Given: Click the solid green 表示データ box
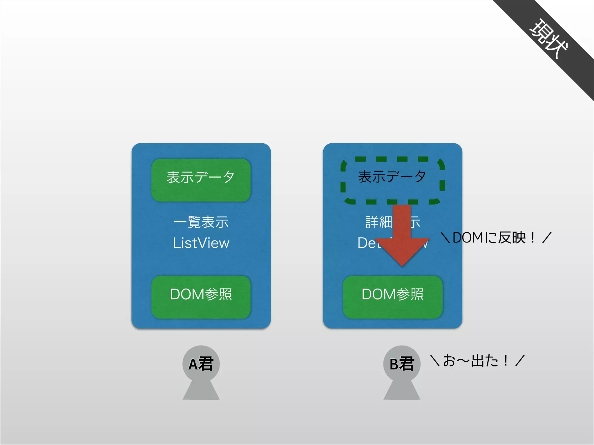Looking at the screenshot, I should [201, 180].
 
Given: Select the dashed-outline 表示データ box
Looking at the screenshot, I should [392, 180].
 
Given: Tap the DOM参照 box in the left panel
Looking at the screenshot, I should [201, 297].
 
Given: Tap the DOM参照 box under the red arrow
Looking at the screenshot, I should [392, 297].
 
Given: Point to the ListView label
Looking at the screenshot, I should [201, 243].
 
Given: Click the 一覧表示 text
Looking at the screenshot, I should [201, 222].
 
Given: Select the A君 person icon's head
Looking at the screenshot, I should [201, 364].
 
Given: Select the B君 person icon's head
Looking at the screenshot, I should [402, 364].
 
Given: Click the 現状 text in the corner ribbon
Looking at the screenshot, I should [548, 39].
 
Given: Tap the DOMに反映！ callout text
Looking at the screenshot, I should [496, 238].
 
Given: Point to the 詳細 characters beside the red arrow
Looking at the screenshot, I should [378, 222].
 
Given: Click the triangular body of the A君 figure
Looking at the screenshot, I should [201, 391].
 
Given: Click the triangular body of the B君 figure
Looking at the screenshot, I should [402, 391].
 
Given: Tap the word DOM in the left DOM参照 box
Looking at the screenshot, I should [187, 294].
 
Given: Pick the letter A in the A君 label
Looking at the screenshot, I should [193, 364].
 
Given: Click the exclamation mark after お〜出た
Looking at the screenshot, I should [506, 361].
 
